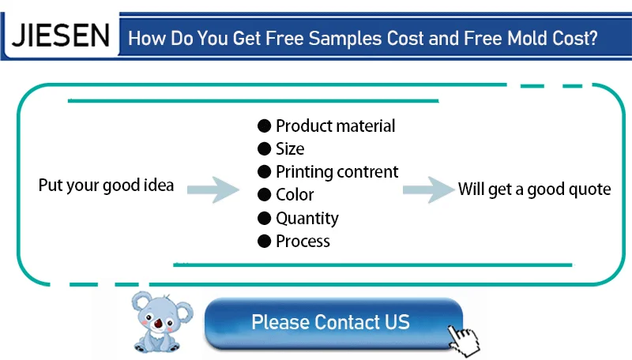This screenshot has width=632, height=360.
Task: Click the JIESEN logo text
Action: (61, 36)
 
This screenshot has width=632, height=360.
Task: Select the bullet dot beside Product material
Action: (264, 126)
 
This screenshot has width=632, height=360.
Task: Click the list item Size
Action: (290, 149)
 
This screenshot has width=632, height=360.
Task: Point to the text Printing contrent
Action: (337, 172)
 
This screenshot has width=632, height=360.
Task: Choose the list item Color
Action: (295, 195)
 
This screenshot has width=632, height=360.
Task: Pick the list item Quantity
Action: (307, 219)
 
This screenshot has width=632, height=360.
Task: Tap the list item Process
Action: (303, 242)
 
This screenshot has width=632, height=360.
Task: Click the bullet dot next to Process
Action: (264, 242)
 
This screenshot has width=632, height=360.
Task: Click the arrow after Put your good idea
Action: (213, 189)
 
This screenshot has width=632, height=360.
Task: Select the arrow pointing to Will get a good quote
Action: (429, 189)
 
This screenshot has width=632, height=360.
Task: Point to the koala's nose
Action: (158, 323)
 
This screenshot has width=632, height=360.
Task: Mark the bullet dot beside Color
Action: (264, 195)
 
